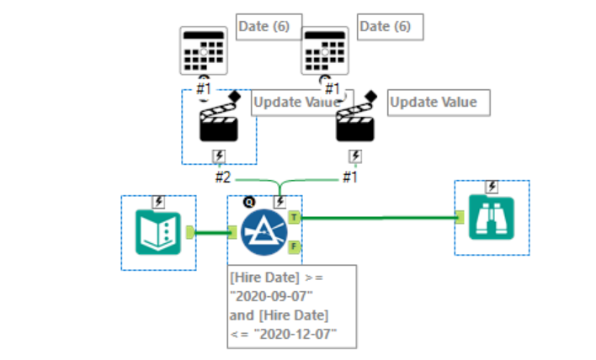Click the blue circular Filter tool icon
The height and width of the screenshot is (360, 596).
click(264, 231)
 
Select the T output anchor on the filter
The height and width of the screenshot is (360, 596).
click(294, 217)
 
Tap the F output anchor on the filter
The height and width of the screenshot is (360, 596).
click(294, 246)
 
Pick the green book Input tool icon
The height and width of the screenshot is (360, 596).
click(158, 232)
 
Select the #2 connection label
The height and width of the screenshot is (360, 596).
click(223, 177)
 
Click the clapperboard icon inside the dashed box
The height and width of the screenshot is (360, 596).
click(218, 124)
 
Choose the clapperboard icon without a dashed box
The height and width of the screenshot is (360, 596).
click(355, 124)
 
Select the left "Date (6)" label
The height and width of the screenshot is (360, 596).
click(263, 27)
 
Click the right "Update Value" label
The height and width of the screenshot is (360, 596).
click(438, 102)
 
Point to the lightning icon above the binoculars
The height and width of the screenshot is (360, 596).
click(492, 187)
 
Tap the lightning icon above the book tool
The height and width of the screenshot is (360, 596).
click(158, 202)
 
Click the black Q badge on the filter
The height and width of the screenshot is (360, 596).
click(249, 201)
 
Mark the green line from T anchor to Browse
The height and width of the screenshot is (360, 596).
click(379, 218)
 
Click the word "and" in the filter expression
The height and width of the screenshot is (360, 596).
click(241, 315)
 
